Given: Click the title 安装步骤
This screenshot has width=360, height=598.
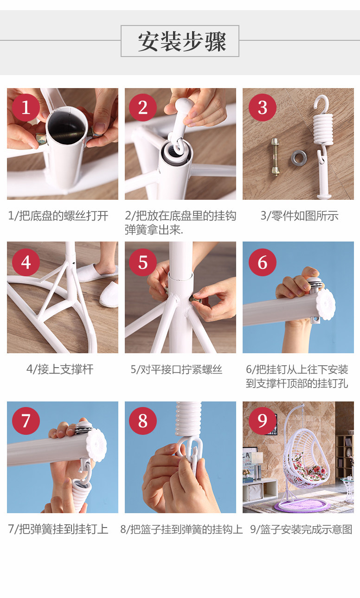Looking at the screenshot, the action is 182,42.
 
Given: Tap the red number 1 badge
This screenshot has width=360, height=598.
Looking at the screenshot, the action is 26,108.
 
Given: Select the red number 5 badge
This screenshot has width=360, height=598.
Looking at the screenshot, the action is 143,262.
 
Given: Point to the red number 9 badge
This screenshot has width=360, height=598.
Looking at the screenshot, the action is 262,421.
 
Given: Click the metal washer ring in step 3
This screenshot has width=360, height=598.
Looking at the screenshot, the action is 299,158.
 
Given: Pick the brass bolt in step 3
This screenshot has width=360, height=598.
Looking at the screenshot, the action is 275,157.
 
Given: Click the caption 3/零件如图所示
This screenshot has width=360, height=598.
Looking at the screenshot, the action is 299,216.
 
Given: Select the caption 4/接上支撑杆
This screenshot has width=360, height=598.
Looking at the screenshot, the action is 60,369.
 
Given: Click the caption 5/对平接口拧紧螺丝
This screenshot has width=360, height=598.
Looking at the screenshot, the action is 176,369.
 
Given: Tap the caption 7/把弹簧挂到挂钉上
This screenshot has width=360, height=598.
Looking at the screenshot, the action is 58,529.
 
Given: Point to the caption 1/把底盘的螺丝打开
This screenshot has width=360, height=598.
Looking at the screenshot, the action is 58,216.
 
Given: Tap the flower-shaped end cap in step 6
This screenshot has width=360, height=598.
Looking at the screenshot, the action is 326,305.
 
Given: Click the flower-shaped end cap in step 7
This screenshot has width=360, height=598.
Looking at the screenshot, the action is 96,445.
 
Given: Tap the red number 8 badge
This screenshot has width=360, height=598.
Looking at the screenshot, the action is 143,421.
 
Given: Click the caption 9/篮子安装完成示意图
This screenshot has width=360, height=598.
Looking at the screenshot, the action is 301,529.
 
